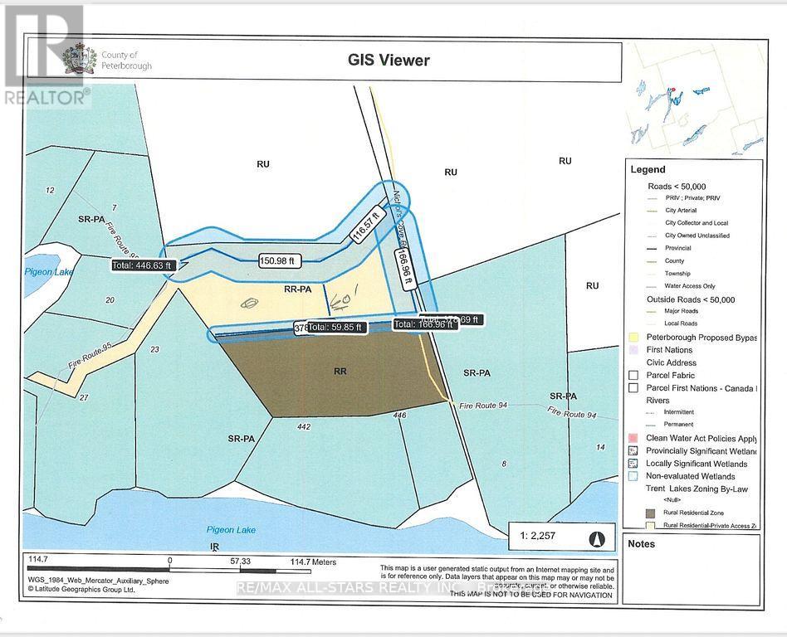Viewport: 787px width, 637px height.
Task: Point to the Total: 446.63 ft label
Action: (x=142, y=265)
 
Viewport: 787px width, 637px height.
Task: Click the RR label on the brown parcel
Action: (x=340, y=372)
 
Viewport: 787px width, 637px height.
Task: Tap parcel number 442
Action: (x=303, y=426)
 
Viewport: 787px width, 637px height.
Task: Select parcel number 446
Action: (x=399, y=415)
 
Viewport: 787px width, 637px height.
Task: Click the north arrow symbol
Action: (x=595, y=537)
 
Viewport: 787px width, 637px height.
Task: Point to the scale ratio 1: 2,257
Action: (x=539, y=536)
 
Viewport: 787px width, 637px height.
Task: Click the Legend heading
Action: (x=648, y=169)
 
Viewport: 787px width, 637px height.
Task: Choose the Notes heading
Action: (x=642, y=544)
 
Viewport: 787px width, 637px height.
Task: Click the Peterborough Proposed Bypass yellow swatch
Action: (x=634, y=338)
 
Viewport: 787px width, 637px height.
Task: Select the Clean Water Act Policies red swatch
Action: (x=634, y=437)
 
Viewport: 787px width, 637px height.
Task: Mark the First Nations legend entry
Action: (x=668, y=350)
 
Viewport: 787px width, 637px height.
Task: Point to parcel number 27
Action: (x=84, y=397)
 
